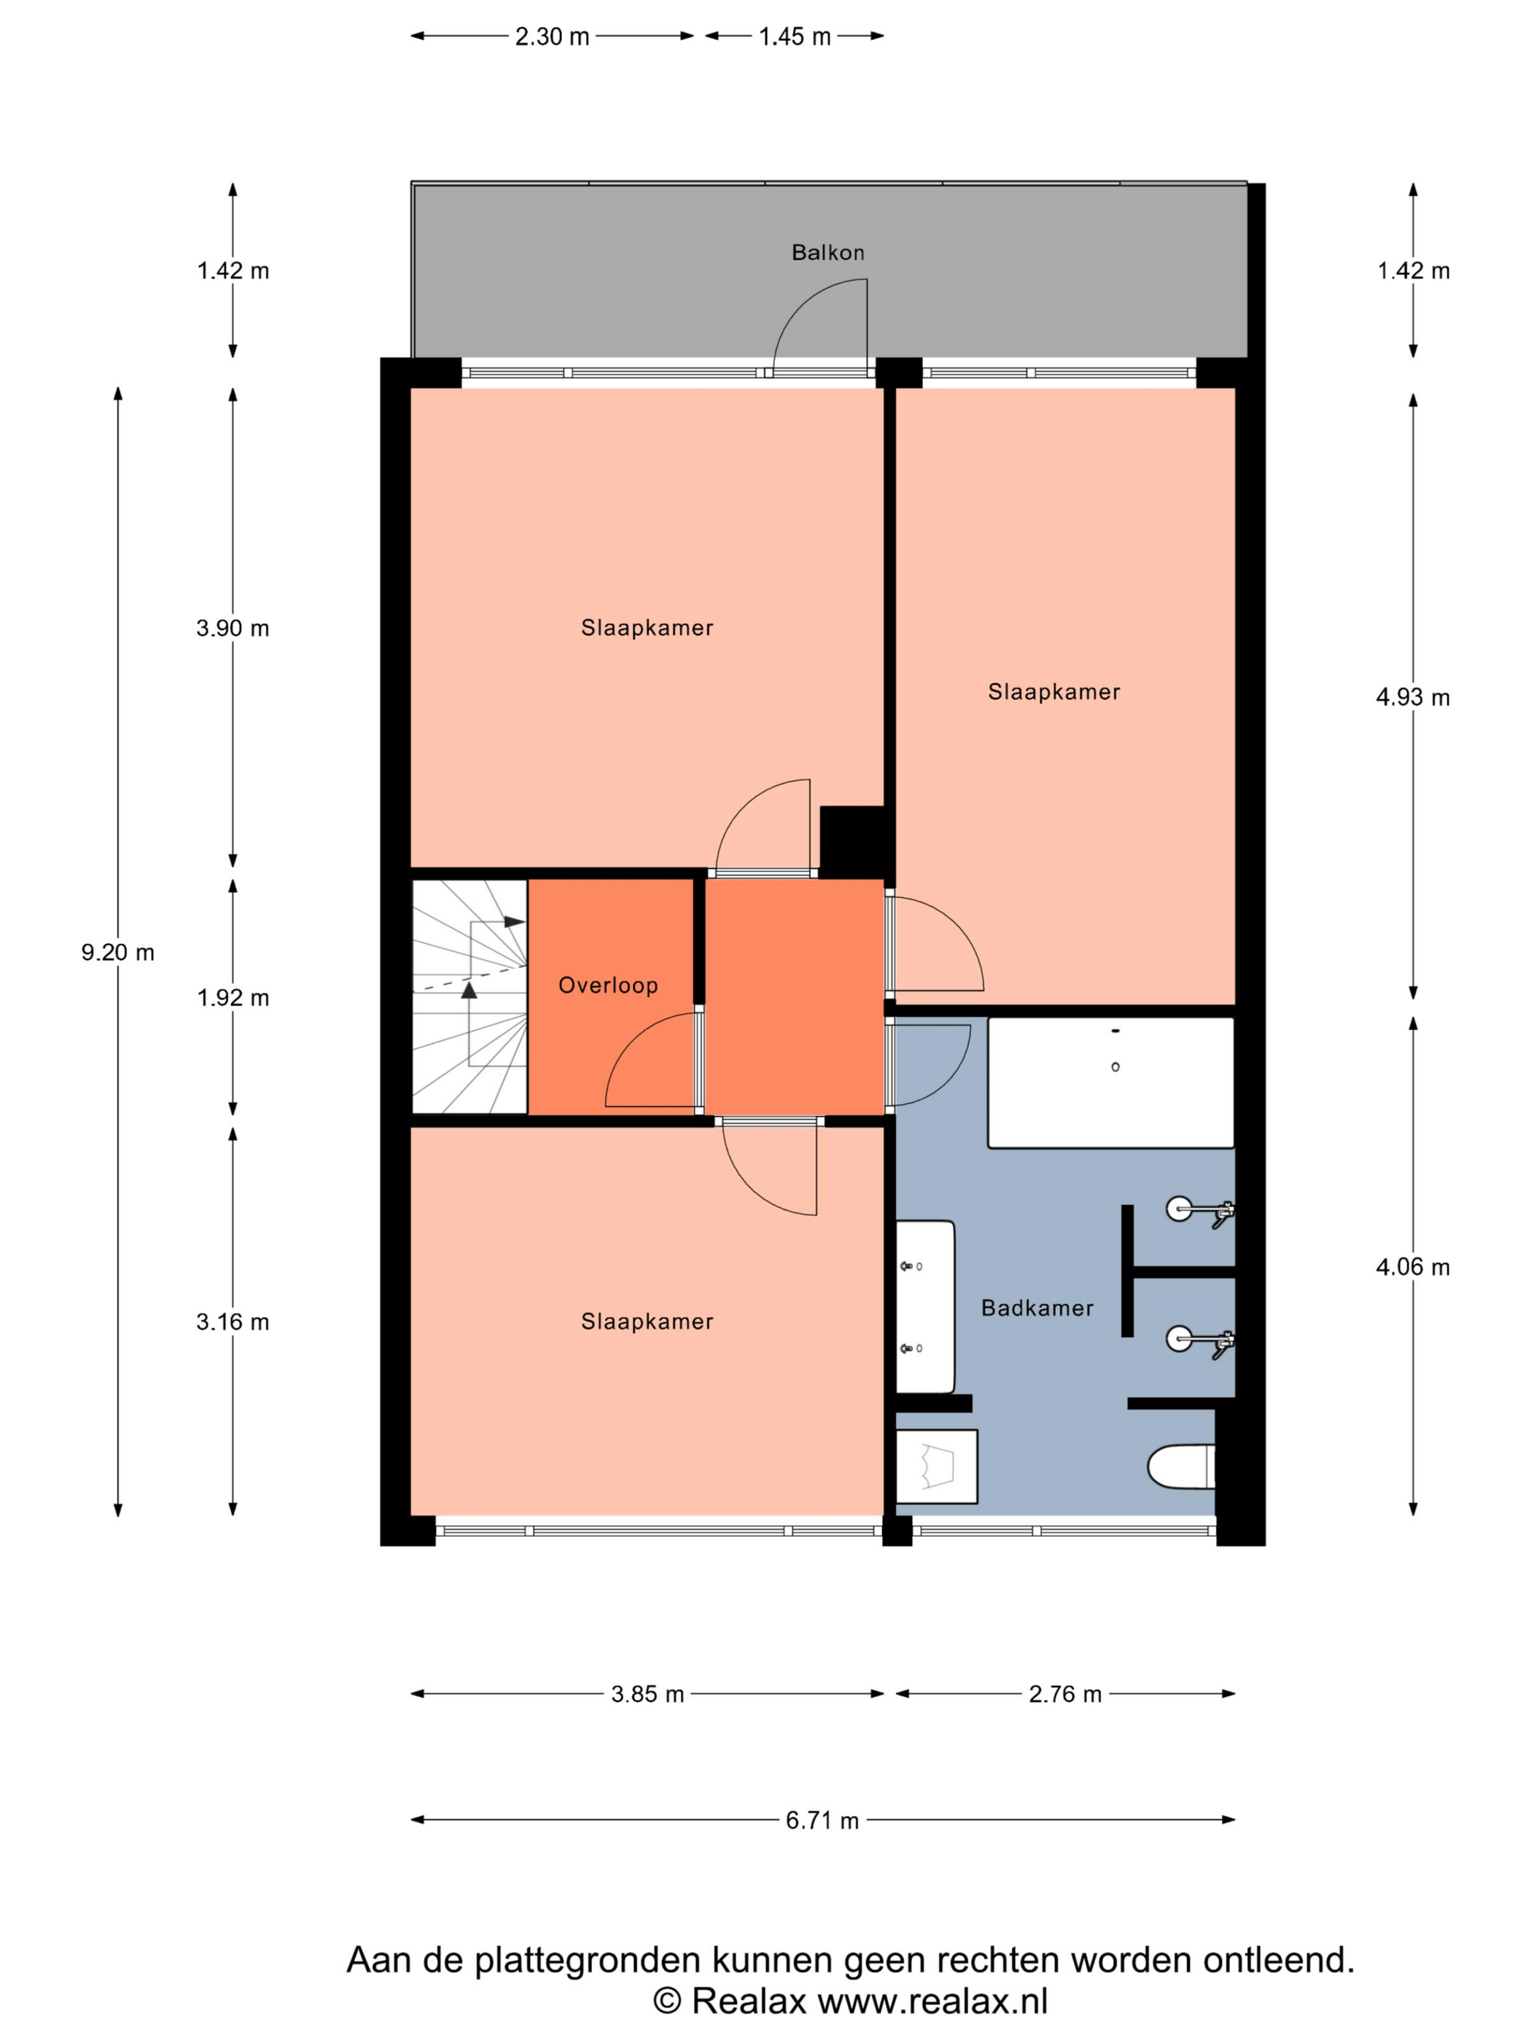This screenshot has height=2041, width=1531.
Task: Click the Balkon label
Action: [x=827, y=252]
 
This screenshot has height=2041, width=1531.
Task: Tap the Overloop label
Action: [x=608, y=985]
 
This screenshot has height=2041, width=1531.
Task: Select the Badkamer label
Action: [x=1037, y=1308]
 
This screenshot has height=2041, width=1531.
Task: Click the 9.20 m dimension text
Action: [x=117, y=952]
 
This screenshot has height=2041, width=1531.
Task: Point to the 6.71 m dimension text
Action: [x=822, y=1820]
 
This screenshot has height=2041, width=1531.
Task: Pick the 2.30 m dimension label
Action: [x=552, y=36]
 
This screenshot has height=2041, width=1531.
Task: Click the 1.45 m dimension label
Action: [x=795, y=36]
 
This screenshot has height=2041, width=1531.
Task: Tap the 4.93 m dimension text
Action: [x=1413, y=698]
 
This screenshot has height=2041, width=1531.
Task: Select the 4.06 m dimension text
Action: [x=1413, y=1267]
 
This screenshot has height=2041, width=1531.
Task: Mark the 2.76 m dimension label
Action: [x=1065, y=1694]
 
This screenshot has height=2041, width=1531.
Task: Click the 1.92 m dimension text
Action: [x=233, y=997]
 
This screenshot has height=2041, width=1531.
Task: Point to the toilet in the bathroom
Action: [x=1181, y=1466]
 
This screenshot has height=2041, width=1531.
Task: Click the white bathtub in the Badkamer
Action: [x=1111, y=1082]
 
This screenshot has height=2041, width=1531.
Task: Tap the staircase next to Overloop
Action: [x=470, y=996]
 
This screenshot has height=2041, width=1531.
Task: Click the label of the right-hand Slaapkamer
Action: [x=1054, y=691]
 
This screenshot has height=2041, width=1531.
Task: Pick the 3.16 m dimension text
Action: [x=233, y=1322]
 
